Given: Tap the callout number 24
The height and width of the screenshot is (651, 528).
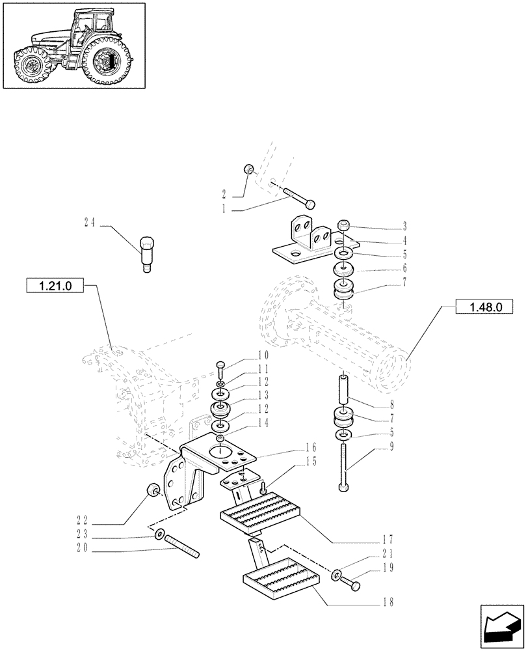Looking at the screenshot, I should (89, 222).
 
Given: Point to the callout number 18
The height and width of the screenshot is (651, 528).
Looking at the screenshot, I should (389, 603).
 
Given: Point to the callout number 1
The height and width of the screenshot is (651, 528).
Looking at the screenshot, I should (224, 209).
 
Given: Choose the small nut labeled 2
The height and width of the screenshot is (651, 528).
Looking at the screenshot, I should (248, 170).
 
